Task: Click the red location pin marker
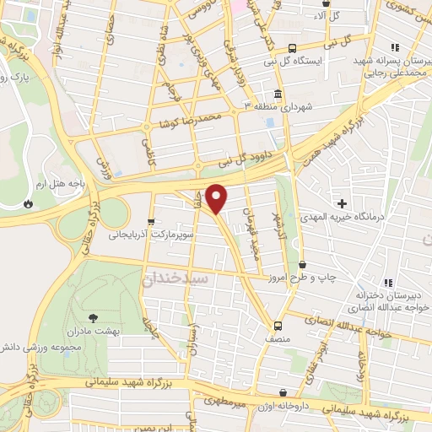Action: (x=218, y=198)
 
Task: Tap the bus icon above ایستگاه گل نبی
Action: (x=292, y=48)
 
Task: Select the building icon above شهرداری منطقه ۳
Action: (x=278, y=93)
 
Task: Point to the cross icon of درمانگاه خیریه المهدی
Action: (x=342, y=203)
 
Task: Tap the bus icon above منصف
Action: (x=278, y=325)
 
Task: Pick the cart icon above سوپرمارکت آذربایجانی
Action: (x=151, y=222)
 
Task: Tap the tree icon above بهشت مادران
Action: (x=93, y=317)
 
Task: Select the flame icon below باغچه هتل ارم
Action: (x=30, y=203)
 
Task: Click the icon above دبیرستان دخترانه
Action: (x=386, y=283)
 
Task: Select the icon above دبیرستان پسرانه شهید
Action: (x=391, y=48)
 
